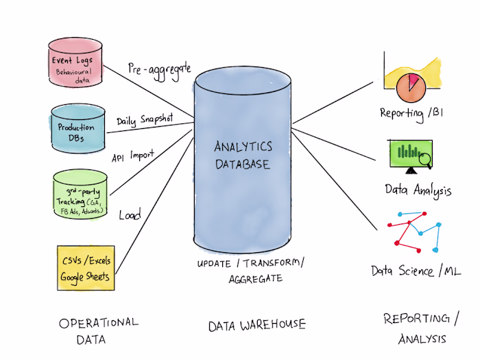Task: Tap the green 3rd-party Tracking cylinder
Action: click(80, 195)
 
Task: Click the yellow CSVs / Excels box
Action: click(83, 267)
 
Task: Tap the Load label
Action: click(130, 215)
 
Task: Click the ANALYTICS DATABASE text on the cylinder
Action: click(243, 156)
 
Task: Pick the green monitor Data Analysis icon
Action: click(410, 157)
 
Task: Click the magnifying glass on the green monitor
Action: click(425, 160)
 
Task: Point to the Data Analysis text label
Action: click(418, 190)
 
